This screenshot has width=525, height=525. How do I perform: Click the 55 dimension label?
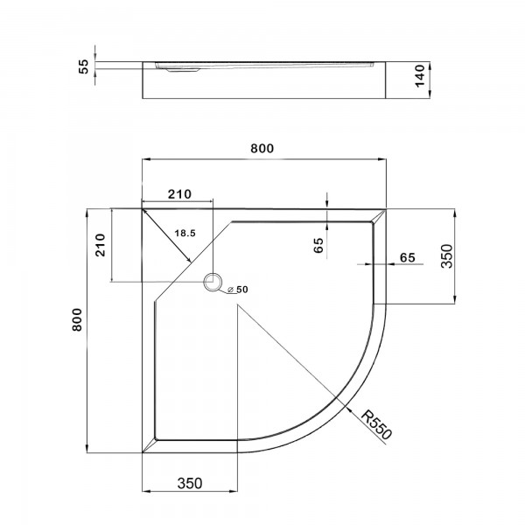[83, 66]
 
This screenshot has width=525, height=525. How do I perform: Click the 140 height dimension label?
[419, 76]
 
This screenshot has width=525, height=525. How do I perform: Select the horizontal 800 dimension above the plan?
[262, 149]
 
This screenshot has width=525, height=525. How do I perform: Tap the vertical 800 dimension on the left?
[77, 319]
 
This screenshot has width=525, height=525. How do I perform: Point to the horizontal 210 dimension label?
[179, 194]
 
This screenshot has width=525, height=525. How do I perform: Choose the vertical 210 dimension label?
[100, 245]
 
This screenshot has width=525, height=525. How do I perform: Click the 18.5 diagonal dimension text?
[185, 233]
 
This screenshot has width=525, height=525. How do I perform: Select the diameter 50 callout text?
[238, 290]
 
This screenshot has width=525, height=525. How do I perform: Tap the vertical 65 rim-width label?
[318, 245]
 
